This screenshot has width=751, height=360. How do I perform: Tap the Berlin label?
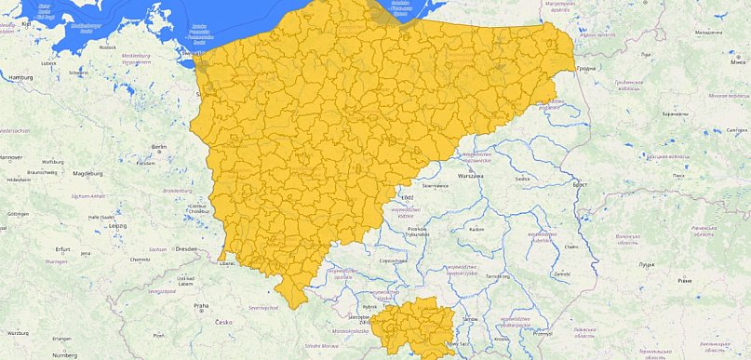158,147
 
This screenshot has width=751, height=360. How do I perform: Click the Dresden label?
184,249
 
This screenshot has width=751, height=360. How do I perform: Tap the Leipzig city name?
117,225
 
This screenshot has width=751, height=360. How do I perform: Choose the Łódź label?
406,199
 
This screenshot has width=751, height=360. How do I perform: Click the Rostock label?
108,47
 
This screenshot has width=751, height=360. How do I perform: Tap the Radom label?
477,229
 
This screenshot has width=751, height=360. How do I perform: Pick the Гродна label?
585,69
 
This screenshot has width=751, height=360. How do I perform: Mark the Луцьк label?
645,265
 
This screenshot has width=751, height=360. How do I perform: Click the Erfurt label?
62,249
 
